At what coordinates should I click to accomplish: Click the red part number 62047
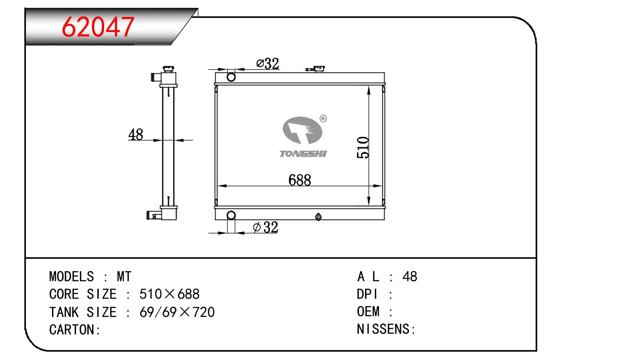98,27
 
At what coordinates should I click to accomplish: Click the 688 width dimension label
300,180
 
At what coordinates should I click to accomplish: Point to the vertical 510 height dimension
363,148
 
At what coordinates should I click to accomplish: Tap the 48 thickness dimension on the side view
136,134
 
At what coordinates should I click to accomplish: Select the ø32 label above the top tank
268,64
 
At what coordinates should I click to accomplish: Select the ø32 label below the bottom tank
265,227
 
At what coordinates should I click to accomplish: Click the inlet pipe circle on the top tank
231,77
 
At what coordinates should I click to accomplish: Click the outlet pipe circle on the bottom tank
231,215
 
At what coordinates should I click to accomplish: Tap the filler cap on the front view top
316,69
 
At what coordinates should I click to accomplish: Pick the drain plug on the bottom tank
318,217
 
